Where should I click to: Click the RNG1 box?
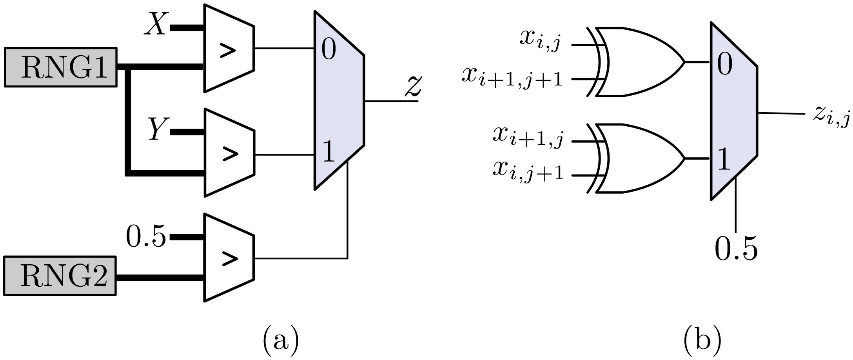point(61,67)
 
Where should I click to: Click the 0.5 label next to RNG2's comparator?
point(146,237)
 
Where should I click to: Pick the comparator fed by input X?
point(229,49)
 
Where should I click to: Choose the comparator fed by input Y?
point(229,153)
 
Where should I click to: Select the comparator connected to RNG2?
point(229,258)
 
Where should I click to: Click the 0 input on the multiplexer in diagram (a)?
point(328,49)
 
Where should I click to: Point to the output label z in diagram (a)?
point(413,86)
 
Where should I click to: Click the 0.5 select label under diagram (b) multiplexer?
point(736,249)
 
